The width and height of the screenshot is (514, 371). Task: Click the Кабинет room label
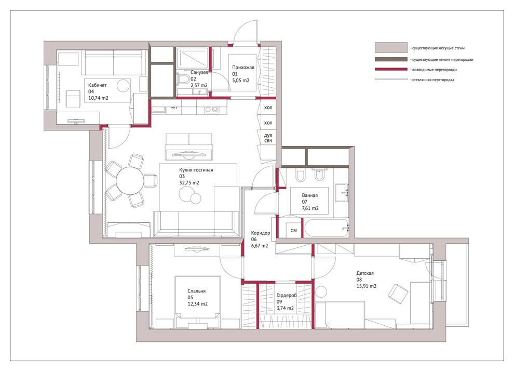click(x=99, y=84)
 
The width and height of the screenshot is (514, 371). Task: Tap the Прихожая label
click(x=243, y=67)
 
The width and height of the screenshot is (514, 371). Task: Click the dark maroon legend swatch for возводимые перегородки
click(x=389, y=69)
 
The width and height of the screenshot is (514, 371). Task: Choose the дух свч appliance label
click(x=268, y=138)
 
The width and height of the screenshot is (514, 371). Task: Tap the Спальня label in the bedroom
click(x=197, y=291)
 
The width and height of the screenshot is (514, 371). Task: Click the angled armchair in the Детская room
click(x=399, y=294)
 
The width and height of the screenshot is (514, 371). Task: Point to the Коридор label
click(x=260, y=233)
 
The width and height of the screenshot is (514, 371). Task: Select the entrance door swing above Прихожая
click(x=246, y=32)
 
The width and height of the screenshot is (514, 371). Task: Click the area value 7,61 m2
click(x=310, y=208)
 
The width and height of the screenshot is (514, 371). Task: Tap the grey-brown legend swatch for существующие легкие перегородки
click(x=389, y=59)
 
